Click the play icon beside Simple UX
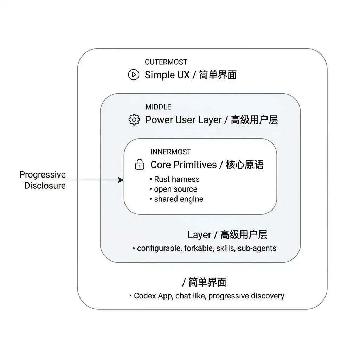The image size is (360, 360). (134, 75)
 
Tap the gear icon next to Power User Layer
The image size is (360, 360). (134, 120)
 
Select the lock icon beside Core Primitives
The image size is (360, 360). (140, 165)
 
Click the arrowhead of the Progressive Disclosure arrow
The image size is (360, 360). (121, 180)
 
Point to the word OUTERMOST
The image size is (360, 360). (166, 62)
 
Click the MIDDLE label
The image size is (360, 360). (158, 107)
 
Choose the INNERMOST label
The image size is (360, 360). (171, 152)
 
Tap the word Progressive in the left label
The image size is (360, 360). (43, 175)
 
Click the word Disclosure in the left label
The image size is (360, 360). (45, 185)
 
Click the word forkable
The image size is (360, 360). (200, 248)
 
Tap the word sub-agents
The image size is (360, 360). (257, 248)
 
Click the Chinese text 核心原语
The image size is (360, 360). (245, 165)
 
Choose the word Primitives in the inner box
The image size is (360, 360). (196, 165)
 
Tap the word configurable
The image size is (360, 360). (159, 248)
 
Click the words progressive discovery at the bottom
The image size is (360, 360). (246, 296)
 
